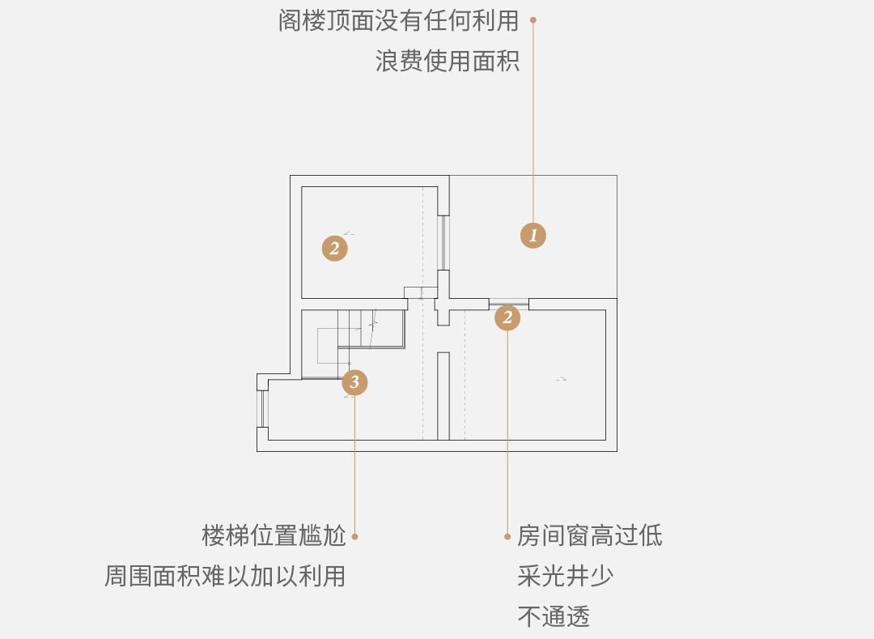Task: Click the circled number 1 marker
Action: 532,236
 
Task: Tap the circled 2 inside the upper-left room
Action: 334,248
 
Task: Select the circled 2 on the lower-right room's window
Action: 507,317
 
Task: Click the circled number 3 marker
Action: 354,382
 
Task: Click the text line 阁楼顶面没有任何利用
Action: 398,20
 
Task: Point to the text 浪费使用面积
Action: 447,61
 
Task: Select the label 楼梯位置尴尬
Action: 274,535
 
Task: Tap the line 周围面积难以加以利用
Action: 225,576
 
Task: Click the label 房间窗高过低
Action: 590,535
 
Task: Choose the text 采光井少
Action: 565,576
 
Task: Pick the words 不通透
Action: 554,616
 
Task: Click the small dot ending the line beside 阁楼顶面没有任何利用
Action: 532,20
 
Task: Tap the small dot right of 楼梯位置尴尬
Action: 354,536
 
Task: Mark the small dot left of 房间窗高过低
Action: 507,536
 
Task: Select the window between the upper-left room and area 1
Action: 443,243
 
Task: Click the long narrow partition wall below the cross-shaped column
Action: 443,396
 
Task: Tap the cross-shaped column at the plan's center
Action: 443,298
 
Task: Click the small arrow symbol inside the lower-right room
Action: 562,379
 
